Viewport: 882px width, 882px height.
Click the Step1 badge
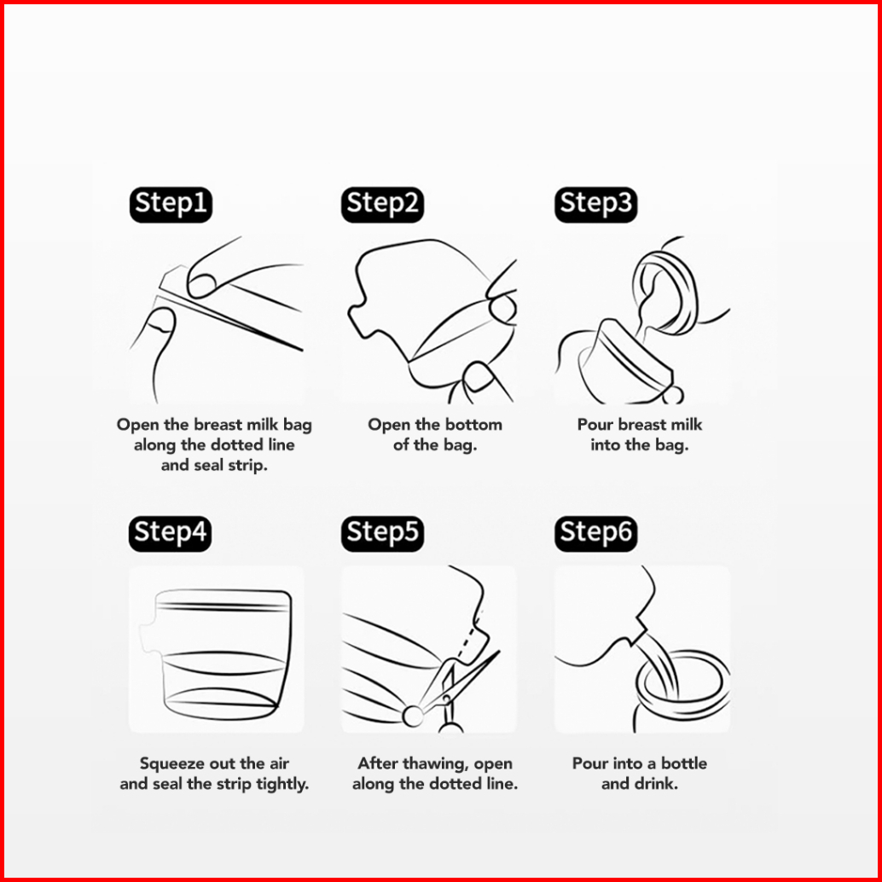click(171, 204)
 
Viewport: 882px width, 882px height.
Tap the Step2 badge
click(382, 204)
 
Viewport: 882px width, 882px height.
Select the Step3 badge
click(595, 204)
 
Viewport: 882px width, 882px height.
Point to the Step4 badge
click(171, 533)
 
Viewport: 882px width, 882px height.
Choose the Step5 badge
click(382, 533)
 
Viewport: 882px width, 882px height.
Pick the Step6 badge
click(595, 533)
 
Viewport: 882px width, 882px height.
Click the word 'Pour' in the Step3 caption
click(595, 425)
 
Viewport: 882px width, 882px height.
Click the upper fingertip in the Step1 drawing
click(200, 286)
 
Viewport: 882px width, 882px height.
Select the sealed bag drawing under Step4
click(217, 655)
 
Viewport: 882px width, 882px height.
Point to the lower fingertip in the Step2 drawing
click(478, 376)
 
